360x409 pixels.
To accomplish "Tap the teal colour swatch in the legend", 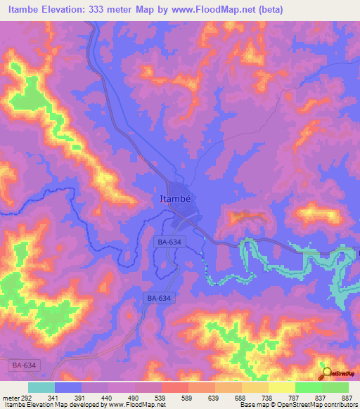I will pos(41,387).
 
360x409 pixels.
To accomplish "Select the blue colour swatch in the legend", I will pos(68,387).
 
